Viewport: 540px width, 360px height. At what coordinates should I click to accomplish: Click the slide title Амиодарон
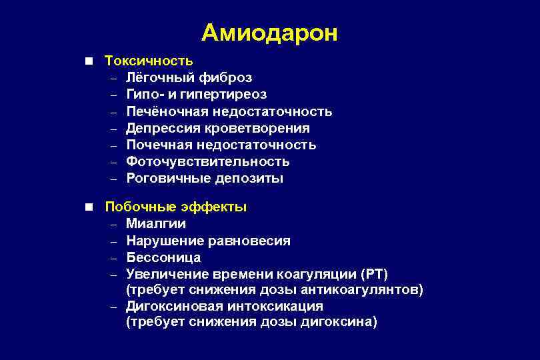click(x=269, y=33)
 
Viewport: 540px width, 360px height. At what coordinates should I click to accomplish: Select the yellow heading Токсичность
click(x=149, y=61)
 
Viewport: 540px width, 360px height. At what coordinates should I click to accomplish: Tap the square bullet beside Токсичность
click(x=89, y=61)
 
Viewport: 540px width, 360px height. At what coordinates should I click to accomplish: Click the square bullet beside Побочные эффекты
click(x=89, y=207)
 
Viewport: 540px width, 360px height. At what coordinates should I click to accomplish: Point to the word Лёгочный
click(x=157, y=78)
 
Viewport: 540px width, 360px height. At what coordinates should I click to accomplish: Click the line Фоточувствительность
click(x=207, y=161)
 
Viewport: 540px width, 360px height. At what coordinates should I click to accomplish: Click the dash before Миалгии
click(x=114, y=224)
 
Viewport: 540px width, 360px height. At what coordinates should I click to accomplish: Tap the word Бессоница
click(x=163, y=257)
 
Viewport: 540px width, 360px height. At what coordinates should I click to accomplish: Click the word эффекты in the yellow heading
click(x=217, y=207)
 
